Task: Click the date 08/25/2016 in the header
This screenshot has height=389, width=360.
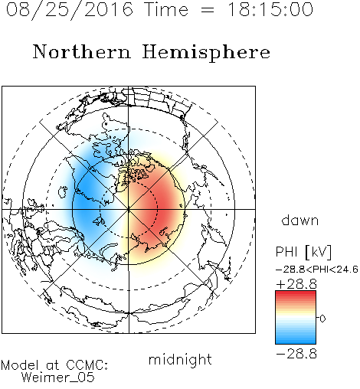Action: click(70, 10)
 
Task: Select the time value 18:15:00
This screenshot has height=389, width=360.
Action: click(270, 9)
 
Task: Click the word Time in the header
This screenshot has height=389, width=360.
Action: click(166, 9)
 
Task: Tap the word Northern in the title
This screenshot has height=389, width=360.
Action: click(82, 51)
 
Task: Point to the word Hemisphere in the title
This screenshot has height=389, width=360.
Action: click(206, 53)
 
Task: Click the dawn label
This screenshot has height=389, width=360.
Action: click(300, 220)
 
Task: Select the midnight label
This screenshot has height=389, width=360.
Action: click(180, 359)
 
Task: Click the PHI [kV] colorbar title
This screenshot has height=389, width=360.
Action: click(303, 252)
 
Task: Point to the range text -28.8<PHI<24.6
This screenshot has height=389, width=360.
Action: click(317, 270)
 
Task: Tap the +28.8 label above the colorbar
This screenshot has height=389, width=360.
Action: click(296, 284)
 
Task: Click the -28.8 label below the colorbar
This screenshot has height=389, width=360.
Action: click(296, 354)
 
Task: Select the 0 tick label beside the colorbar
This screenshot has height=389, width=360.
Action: click(322, 319)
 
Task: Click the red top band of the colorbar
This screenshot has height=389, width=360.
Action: click(296, 296)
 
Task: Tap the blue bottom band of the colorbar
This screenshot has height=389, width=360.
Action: click(296, 339)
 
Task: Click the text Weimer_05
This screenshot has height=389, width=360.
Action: click(58, 377)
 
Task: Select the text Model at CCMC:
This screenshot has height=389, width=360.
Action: click(54, 365)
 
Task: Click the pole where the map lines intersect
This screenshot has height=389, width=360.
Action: click(129, 210)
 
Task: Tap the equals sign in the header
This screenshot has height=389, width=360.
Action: click(208, 10)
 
